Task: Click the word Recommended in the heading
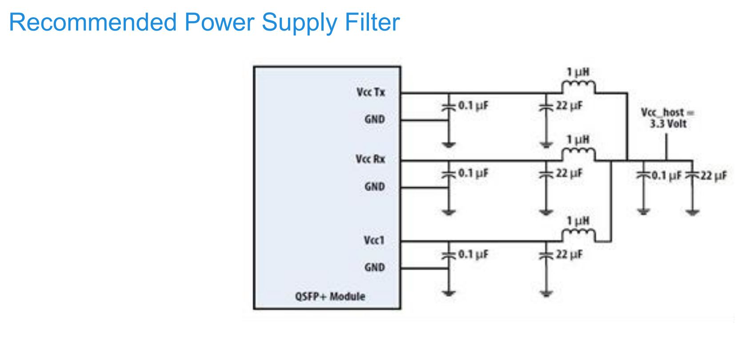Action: pyautogui.click(x=92, y=22)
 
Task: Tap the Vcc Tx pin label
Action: pyautogui.click(x=371, y=92)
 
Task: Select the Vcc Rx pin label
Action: pyautogui.click(x=371, y=159)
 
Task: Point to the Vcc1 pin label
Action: pyautogui.click(x=374, y=240)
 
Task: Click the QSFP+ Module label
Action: pyautogui.click(x=330, y=296)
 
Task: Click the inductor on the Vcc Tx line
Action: pyautogui.click(x=578, y=86)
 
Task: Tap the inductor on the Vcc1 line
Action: pyautogui.click(x=578, y=235)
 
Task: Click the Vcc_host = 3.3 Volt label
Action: pyautogui.click(x=668, y=118)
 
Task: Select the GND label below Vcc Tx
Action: pyautogui.click(x=375, y=120)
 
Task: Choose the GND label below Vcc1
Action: pyautogui.click(x=375, y=267)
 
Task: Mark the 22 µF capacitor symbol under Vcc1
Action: pyautogui.click(x=546, y=255)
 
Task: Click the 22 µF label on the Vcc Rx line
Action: pyautogui.click(x=569, y=173)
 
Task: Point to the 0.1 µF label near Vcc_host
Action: pyautogui.click(x=666, y=176)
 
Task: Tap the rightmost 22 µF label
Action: pyautogui.click(x=714, y=176)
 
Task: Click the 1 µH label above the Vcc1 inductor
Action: pyautogui.click(x=578, y=221)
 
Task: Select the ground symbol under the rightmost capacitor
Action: pyautogui.click(x=693, y=212)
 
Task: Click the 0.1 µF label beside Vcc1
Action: pyautogui.click(x=473, y=254)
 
